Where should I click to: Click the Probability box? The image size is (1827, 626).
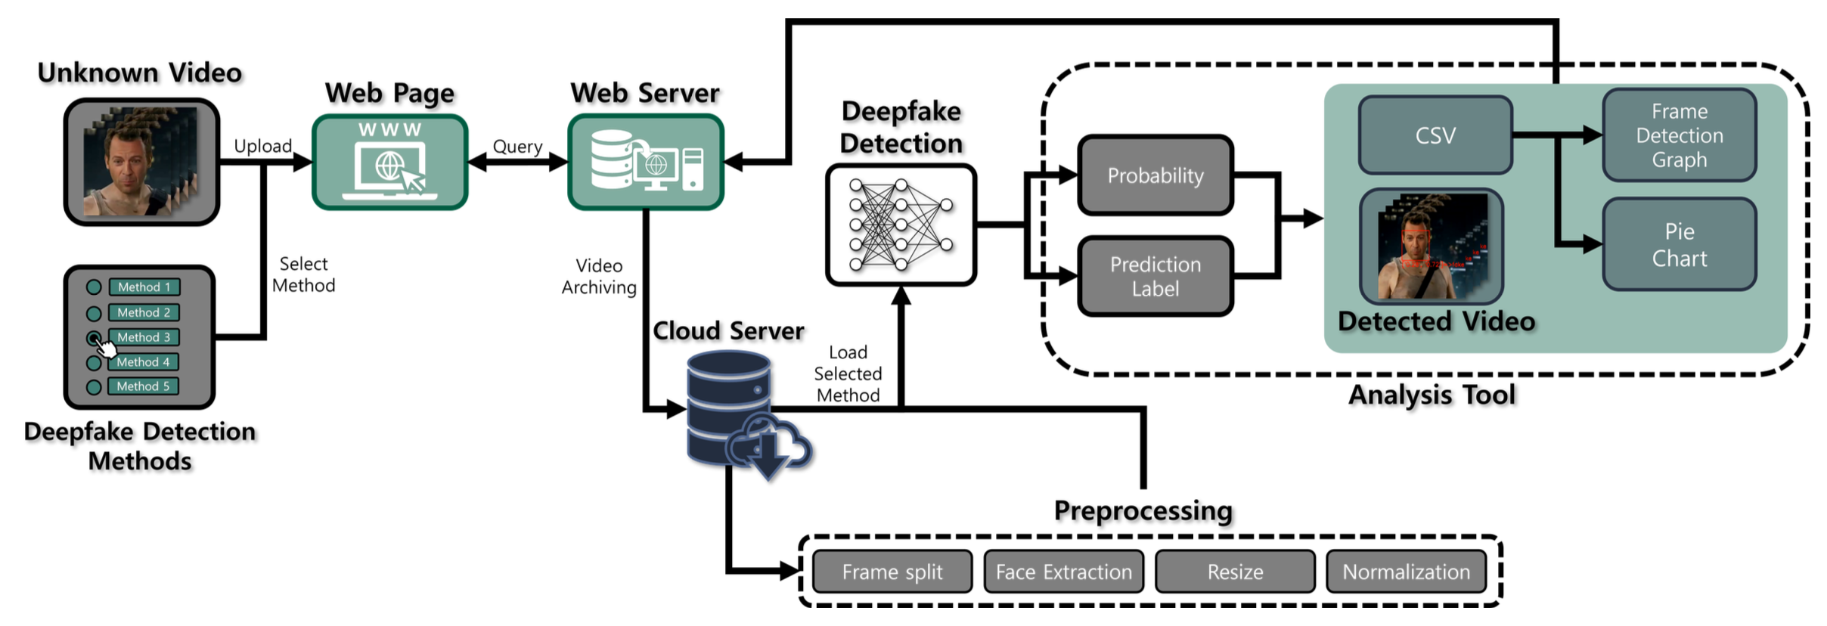click(1155, 175)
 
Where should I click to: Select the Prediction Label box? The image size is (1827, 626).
click(1155, 276)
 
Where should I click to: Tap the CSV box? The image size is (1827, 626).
click(1435, 135)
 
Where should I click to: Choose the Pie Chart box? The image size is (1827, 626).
click(1679, 244)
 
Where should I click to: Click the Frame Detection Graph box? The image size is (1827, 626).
click(1679, 135)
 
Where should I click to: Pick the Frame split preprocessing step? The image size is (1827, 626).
click(892, 572)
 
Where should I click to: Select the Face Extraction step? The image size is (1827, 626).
click(1064, 572)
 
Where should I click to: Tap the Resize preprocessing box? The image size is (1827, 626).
click(1235, 572)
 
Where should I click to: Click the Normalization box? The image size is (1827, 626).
click(1407, 572)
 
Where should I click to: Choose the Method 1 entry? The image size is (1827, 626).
click(144, 287)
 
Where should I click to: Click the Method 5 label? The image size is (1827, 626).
click(144, 386)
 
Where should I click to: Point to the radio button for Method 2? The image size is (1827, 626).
click(94, 313)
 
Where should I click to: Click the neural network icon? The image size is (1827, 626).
click(901, 225)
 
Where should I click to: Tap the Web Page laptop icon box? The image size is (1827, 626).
click(389, 162)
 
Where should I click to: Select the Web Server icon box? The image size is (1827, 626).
click(646, 162)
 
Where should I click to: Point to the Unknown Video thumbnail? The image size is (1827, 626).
click(141, 162)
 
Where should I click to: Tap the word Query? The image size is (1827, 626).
click(517, 147)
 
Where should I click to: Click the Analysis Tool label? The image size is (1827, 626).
click(1432, 395)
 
